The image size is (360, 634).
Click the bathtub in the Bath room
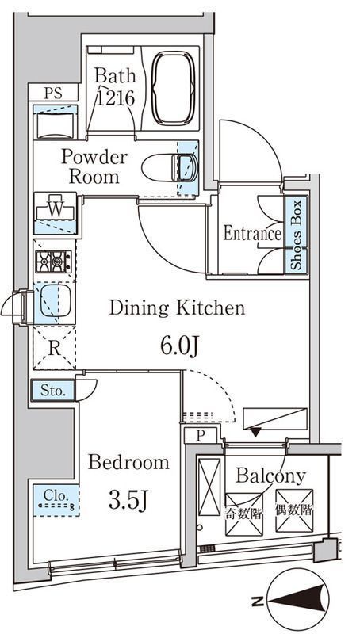click(173, 88)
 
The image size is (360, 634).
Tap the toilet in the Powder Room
click(170, 167)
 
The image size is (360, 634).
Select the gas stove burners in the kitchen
click(53, 262)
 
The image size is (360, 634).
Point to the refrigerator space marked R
click(54, 349)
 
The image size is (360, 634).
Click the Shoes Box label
click(297, 235)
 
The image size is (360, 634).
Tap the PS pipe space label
click(53, 94)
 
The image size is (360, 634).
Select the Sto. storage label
click(53, 391)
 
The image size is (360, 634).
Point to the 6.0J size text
click(178, 346)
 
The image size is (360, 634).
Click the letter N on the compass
click(256, 602)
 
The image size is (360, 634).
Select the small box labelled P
click(201, 436)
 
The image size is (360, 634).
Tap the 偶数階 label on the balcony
click(294, 510)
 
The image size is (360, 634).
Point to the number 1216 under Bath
click(115, 97)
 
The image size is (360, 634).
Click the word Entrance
click(252, 233)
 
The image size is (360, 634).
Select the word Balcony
click(270, 477)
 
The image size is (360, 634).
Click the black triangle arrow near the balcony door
click(255, 433)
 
